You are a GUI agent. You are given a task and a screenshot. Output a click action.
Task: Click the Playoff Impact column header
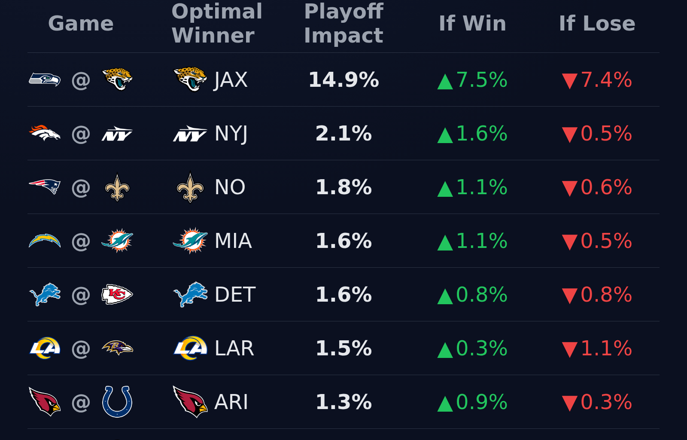click(x=343, y=24)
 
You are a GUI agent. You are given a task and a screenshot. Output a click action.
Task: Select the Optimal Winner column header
click(x=217, y=24)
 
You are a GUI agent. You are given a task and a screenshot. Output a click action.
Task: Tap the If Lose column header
click(x=597, y=24)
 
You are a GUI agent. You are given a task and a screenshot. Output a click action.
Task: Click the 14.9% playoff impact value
click(x=343, y=80)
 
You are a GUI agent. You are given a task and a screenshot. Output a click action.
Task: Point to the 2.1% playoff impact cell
click(x=343, y=134)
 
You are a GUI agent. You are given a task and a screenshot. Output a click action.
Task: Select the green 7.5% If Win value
click(x=472, y=80)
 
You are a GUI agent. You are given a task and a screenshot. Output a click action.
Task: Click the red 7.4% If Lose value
click(x=597, y=80)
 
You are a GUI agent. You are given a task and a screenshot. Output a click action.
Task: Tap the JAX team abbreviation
click(x=231, y=80)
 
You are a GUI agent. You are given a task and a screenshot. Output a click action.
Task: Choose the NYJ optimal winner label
click(x=231, y=134)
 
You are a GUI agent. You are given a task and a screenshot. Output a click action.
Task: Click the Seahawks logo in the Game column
click(x=45, y=79)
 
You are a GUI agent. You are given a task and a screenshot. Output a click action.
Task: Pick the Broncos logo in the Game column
click(x=45, y=133)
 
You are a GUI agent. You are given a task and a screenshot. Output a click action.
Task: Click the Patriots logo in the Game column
click(x=45, y=187)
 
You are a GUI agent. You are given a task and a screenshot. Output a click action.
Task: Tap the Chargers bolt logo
click(x=45, y=241)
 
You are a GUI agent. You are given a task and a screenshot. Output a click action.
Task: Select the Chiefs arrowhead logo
click(x=117, y=294)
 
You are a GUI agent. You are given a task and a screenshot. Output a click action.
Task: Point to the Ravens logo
click(x=117, y=348)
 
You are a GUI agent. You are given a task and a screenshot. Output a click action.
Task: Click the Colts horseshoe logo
click(x=117, y=402)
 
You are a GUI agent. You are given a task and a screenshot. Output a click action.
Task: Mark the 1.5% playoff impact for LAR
click(x=343, y=348)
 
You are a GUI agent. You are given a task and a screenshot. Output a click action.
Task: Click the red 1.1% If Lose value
click(x=597, y=348)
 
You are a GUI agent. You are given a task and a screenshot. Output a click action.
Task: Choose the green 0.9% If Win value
click(x=472, y=402)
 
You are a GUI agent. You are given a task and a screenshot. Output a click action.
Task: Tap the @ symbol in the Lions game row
click(x=81, y=295)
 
